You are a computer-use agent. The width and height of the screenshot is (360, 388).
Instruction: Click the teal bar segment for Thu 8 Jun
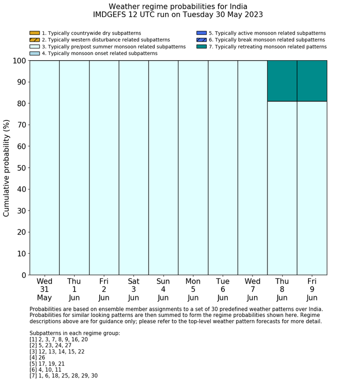coord(282,81)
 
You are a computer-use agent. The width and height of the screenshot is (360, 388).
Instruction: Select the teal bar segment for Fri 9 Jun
coord(312,81)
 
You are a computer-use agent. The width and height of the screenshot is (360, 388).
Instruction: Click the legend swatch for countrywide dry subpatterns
coord(34,33)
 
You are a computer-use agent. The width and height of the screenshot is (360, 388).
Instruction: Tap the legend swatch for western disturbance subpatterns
coord(34,40)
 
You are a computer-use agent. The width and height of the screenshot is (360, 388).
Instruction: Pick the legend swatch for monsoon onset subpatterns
coord(34,54)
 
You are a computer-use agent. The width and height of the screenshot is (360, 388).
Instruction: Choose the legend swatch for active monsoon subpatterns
coord(201,33)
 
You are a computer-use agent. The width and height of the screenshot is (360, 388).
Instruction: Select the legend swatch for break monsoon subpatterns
coord(201,40)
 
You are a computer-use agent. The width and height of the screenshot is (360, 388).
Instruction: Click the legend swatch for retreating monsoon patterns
coord(201,47)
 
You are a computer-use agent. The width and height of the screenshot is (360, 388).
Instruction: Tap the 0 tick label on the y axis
coord(23,275)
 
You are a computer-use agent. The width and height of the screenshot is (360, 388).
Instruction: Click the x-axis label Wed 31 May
coord(44,289)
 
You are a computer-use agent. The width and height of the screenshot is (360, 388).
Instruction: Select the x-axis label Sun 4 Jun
coord(163,289)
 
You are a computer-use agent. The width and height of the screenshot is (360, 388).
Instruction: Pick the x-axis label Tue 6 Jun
coord(223,289)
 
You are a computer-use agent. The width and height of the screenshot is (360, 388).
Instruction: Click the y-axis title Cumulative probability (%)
coord(7,168)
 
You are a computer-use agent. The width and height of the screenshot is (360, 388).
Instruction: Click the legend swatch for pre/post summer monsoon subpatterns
coord(34,47)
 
